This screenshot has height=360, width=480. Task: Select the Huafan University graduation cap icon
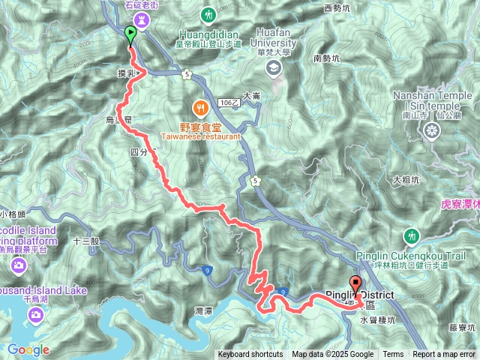273,67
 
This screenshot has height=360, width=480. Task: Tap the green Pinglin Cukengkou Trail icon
411,236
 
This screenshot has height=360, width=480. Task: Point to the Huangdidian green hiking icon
208,15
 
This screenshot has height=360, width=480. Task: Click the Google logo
28,349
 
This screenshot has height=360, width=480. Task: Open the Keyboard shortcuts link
250,355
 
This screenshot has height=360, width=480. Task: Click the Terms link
393,355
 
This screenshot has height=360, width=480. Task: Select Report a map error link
445,355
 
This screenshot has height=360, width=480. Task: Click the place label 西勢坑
337,9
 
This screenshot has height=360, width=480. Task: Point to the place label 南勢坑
328,58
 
